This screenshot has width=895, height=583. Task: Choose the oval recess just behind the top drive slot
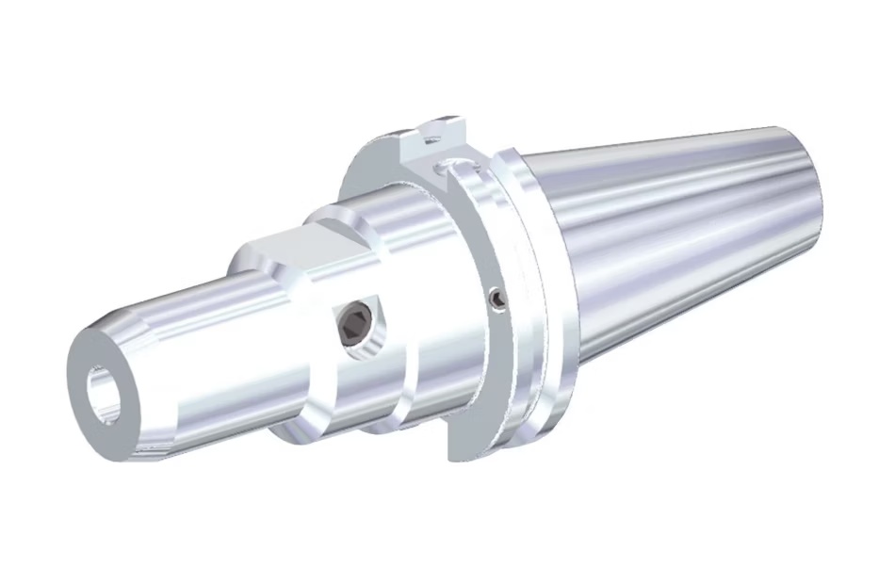[x=452, y=170]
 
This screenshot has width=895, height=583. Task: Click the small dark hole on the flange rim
[x=496, y=299]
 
